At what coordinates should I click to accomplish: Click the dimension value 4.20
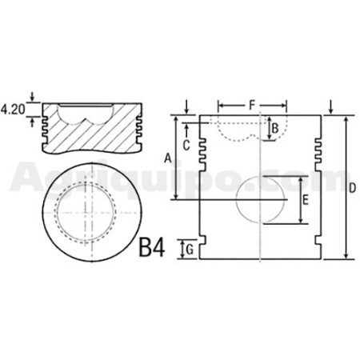click(13, 110)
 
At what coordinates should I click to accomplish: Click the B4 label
click(152, 248)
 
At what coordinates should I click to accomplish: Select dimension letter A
click(167, 158)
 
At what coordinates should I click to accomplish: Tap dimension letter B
click(275, 129)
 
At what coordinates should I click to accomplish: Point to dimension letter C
click(186, 146)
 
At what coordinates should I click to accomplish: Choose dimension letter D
click(352, 188)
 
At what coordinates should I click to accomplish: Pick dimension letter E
click(306, 200)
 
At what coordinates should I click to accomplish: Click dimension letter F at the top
click(252, 105)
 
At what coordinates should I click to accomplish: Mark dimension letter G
click(190, 250)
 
